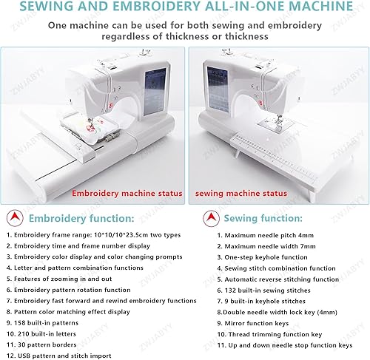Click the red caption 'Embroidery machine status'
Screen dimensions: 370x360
coord(127,193)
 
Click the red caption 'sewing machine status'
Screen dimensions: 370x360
coord(241,194)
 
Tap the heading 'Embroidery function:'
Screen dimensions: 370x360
coord(81,219)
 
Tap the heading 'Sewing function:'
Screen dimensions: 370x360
coord(263,218)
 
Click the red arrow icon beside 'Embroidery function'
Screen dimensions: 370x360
coord(15,218)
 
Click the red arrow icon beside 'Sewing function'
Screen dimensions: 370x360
coord(211,218)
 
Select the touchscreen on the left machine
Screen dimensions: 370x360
coord(155,92)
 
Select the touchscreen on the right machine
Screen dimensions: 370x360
coord(218,89)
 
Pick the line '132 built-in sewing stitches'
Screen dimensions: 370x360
coord(267,291)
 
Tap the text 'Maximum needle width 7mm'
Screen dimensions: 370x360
coord(270,246)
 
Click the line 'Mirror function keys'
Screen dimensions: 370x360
coord(257,323)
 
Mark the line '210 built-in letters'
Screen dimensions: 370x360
coord(47,334)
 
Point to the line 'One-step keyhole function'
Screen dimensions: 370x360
coord(266,257)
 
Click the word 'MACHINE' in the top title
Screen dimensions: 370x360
coord(315,6)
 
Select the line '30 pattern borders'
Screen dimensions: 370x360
coord(47,344)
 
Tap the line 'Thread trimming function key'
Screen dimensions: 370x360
coord(275,334)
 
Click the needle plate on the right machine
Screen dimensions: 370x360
coord(272,123)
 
